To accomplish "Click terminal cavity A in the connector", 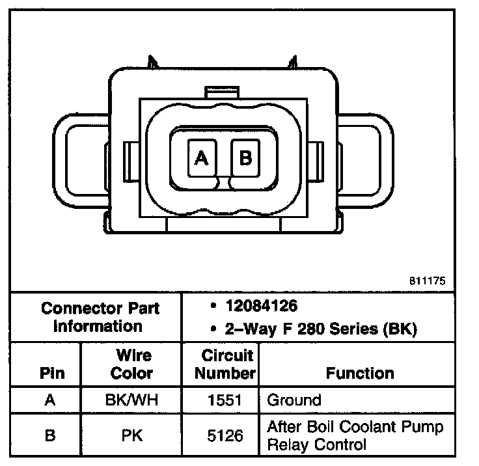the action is [202, 158].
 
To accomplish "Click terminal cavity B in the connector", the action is [245, 158].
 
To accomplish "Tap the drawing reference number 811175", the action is [428, 281].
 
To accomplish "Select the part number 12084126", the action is [262, 306].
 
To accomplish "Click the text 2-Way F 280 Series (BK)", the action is [321, 329].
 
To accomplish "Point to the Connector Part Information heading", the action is [100, 317].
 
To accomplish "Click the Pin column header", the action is [52, 373].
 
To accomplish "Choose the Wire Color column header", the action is [132, 364].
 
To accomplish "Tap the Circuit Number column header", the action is [225, 364].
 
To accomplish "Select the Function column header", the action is [360, 373].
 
